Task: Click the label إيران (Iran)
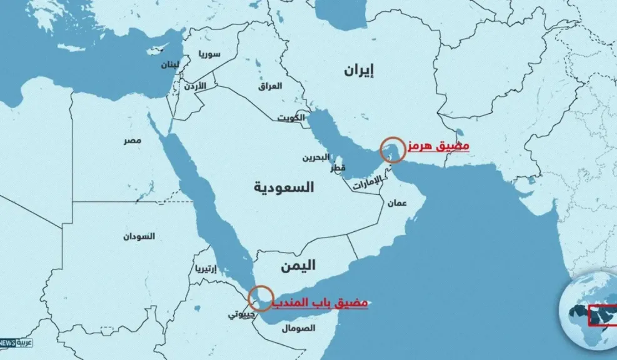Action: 358,70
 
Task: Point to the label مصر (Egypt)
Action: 131,141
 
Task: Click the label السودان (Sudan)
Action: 138,236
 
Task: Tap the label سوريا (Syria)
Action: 209,54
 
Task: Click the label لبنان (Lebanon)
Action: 169,65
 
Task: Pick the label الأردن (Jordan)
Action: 193,86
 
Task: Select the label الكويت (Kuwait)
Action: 291,117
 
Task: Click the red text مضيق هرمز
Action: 438,146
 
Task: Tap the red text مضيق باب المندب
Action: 322,302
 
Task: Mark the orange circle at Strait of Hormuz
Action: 393,150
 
